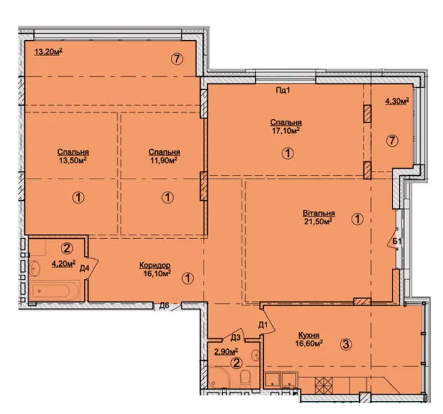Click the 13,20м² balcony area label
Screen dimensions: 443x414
click(x=48, y=52)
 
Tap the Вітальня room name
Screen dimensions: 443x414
click(x=318, y=213)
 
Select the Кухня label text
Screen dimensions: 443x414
click(x=309, y=335)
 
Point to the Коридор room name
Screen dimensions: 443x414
click(x=155, y=265)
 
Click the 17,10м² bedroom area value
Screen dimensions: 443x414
click(x=286, y=131)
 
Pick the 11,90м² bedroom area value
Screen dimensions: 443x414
click(x=163, y=160)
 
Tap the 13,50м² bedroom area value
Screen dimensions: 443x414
click(x=73, y=160)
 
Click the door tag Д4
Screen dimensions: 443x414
click(x=84, y=269)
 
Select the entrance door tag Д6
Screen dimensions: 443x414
click(x=164, y=305)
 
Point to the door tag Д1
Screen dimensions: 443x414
click(x=263, y=325)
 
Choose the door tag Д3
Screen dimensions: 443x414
click(x=235, y=337)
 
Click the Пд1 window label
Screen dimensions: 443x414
click(x=283, y=91)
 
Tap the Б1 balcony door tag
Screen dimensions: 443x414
click(x=397, y=241)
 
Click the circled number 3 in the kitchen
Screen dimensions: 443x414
click(x=346, y=344)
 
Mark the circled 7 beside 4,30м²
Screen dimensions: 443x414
click(x=392, y=141)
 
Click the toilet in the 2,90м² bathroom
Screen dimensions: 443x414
click(x=244, y=379)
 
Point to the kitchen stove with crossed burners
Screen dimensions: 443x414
click(x=324, y=385)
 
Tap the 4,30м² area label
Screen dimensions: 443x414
click(x=397, y=101)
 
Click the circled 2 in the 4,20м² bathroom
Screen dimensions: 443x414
click(x=67, y=249)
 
